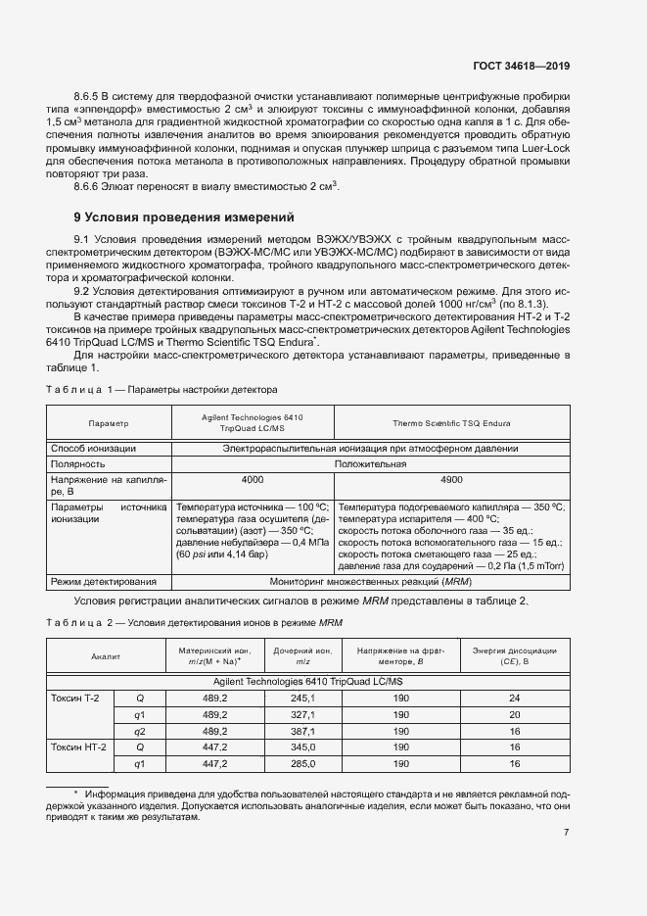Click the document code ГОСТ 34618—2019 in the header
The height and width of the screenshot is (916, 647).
(520, 66)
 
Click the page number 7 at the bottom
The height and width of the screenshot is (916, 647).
(566, 832)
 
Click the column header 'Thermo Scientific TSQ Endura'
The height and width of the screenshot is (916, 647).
(451, 423)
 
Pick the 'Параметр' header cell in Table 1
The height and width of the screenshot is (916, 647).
(109, 423)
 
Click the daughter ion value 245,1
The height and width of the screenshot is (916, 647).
(302, 698)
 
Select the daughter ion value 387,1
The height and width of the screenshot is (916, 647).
(302, 731)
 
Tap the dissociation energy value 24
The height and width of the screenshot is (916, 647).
(514, 698)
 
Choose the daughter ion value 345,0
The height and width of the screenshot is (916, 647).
(302, 747)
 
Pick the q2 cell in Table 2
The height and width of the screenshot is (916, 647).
(139, 731)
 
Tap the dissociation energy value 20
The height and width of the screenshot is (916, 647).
(514, 714)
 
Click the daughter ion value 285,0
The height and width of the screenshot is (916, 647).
(302, 764)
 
